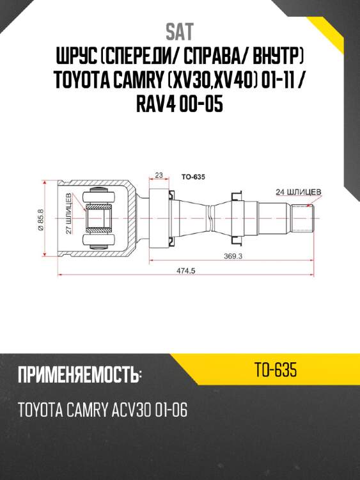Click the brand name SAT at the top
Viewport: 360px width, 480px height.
click(x=180, y=31)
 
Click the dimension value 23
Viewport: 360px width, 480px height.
click(x=159, y=174)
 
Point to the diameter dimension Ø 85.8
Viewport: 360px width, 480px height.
click(x=40, y=221)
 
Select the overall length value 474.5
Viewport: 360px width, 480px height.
click(x=185, y=271)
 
